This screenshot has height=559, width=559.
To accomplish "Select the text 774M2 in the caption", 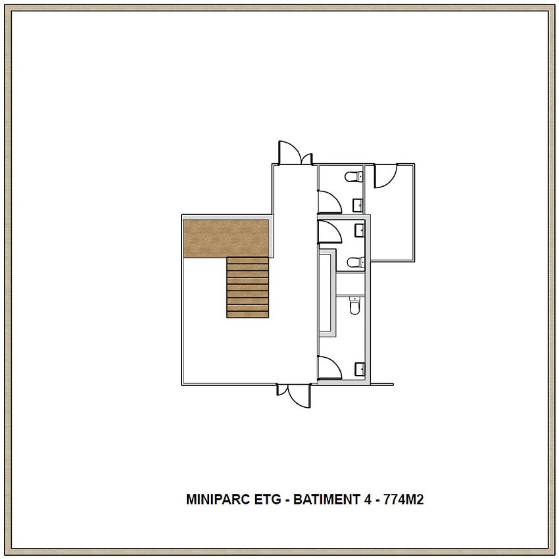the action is tap(403, 499).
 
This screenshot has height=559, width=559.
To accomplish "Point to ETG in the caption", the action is tap(268, 499).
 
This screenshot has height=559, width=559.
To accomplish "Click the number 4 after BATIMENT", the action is tap(368, 499).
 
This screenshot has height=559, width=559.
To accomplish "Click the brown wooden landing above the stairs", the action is tap(226, 238).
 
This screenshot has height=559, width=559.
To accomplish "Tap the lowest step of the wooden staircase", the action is tap(247, 314).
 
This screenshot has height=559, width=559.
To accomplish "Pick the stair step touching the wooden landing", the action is tap(247, 260).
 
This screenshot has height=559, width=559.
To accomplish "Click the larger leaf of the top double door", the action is tap(290, 153).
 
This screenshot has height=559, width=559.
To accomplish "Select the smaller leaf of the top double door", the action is tap(307, 159).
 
